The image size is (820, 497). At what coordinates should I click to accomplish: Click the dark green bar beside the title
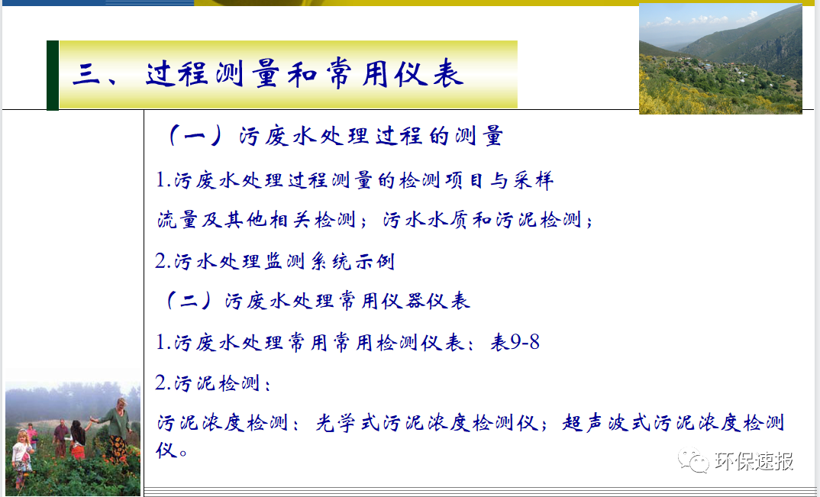[52, 75]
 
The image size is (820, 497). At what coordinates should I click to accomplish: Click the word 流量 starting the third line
[176, 221]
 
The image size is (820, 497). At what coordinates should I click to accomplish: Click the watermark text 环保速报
[754, 460]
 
